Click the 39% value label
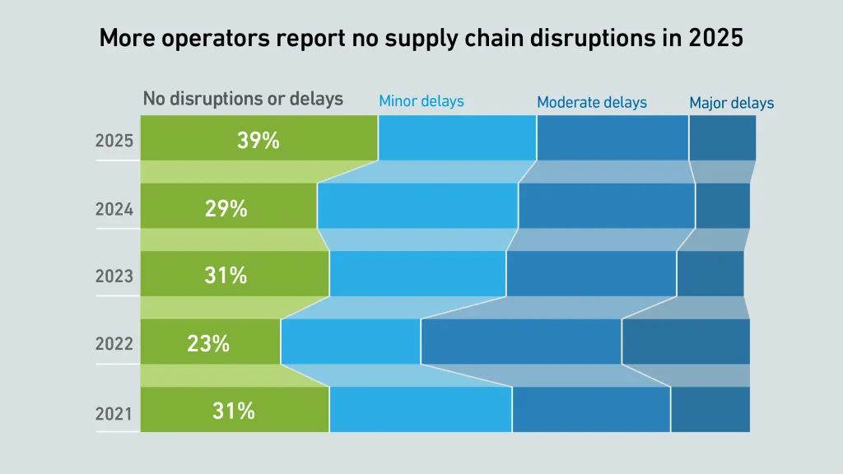click(x=258, y=141)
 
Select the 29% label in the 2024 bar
click(x=226, y=209)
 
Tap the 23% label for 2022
click(x=208, y=343)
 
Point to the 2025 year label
click(x=114, y=141)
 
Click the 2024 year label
click(x=114, y=209)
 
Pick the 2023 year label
click(x=114, y=276)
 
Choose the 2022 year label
click(x=114, y=344)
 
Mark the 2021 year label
click(x=114, y=413)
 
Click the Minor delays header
click(x=421, y=101)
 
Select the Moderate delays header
click(x=592, y=103)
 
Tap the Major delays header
click(x=732, y=104)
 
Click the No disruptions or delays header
click(x=243, y=99)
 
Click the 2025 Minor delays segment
click(x=457, y=138)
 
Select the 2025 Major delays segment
click(x=722, y=138)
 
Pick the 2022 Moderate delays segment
click(x=521, y=342)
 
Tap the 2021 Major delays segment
click(x=710, y=410)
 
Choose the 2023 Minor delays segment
click(x=417, y=273)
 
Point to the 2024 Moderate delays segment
click(x=607, y=206)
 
